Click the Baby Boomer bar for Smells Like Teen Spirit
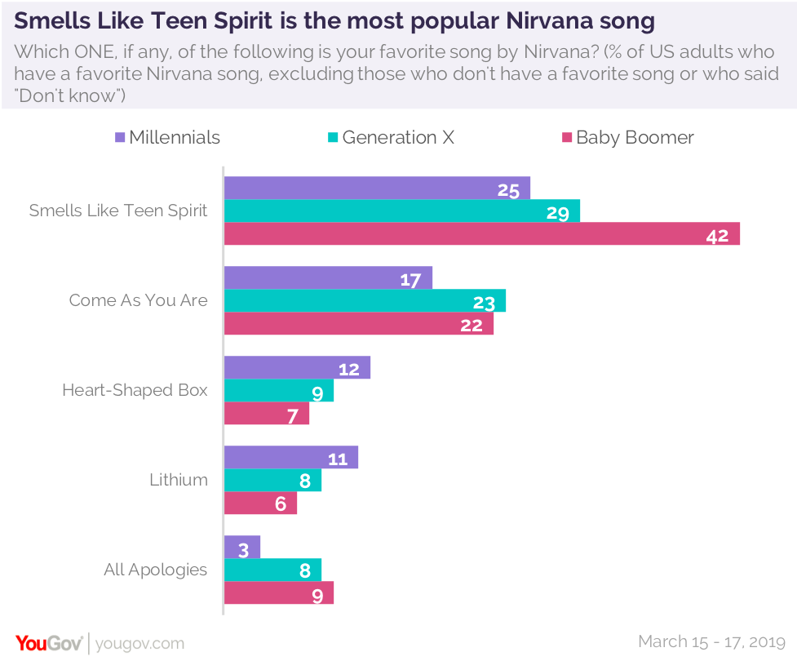click(481, 234)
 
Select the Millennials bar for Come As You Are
click(328, 278)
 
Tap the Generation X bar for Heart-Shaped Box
click(278, 391)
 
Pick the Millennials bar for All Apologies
click(241, 548)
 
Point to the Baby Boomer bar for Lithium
click(260, 503)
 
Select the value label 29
click(558, 214)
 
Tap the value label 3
click(244, 549)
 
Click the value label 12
click(349, 370)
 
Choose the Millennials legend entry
click(167, 137)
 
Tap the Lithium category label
click(179, 480)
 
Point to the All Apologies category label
click(156, 570)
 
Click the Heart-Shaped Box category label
click(135, 390)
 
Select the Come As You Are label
click(139, 300)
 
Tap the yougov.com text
click(139, 644)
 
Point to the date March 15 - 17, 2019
click(711, 641)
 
